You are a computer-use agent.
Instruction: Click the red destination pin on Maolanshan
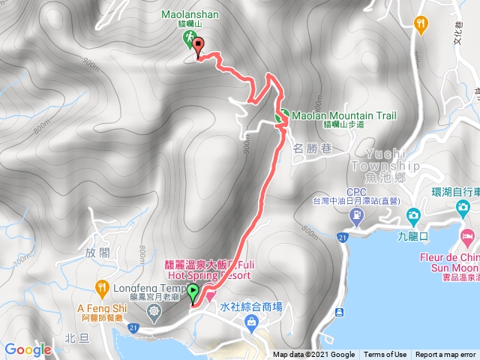pyautogui.click(x=198, y=48)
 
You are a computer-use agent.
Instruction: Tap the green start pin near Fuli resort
pyautogui.click(x=193, y=292)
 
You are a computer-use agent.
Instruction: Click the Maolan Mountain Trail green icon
pyautogui.click(x=283, y=117)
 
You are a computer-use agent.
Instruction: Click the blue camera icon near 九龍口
pyautogui.click(x=412, y=217)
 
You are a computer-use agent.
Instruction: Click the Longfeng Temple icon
pyautogui.click(x=154, y=310)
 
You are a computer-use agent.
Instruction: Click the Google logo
pyautogui.click(x=27, y=349)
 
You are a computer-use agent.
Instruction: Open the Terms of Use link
pyautogui.click(x=385, y=355)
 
